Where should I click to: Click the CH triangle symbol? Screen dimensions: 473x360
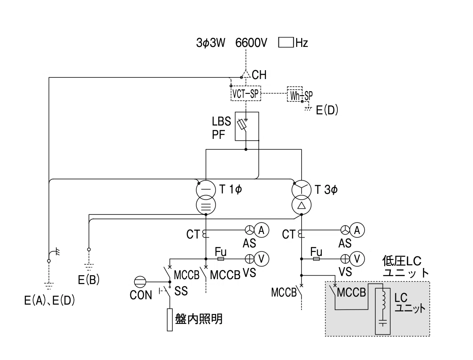[x=246, y=74]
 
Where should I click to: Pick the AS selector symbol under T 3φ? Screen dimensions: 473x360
[x=345, y=230]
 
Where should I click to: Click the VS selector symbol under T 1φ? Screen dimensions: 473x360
[x=249, y=259]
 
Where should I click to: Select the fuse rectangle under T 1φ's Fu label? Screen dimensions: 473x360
[x=220, y=259]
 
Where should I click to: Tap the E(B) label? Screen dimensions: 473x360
[x=89, y=280]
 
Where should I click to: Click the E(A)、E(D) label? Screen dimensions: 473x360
[x=50, y=301]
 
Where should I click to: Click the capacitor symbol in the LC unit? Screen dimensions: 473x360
[x=383, y=323]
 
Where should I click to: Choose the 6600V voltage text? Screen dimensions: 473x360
[x=251, y=42]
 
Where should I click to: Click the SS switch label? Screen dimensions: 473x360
[x=181, y=291]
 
